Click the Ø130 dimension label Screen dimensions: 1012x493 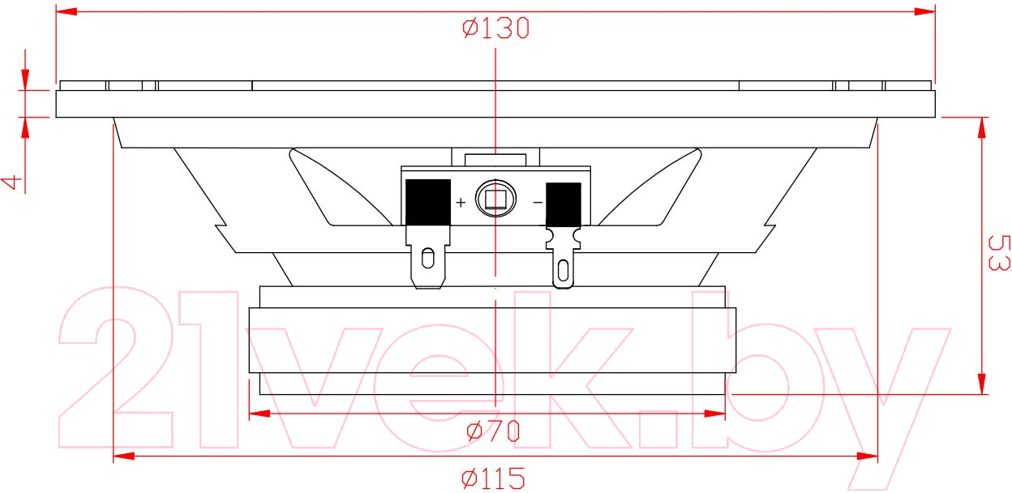[495, 28]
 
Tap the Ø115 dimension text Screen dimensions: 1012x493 [493, 478]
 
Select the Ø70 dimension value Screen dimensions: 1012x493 [493, 431]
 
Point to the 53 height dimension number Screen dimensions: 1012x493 [999, 253]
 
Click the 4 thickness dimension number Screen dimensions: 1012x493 [11, 182]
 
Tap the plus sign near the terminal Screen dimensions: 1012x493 [461, 202]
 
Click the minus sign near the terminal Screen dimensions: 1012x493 [538, 203]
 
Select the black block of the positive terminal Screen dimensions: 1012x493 [428, 202]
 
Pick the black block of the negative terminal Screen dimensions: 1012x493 [564, 204]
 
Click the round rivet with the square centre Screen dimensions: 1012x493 [495, 199]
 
